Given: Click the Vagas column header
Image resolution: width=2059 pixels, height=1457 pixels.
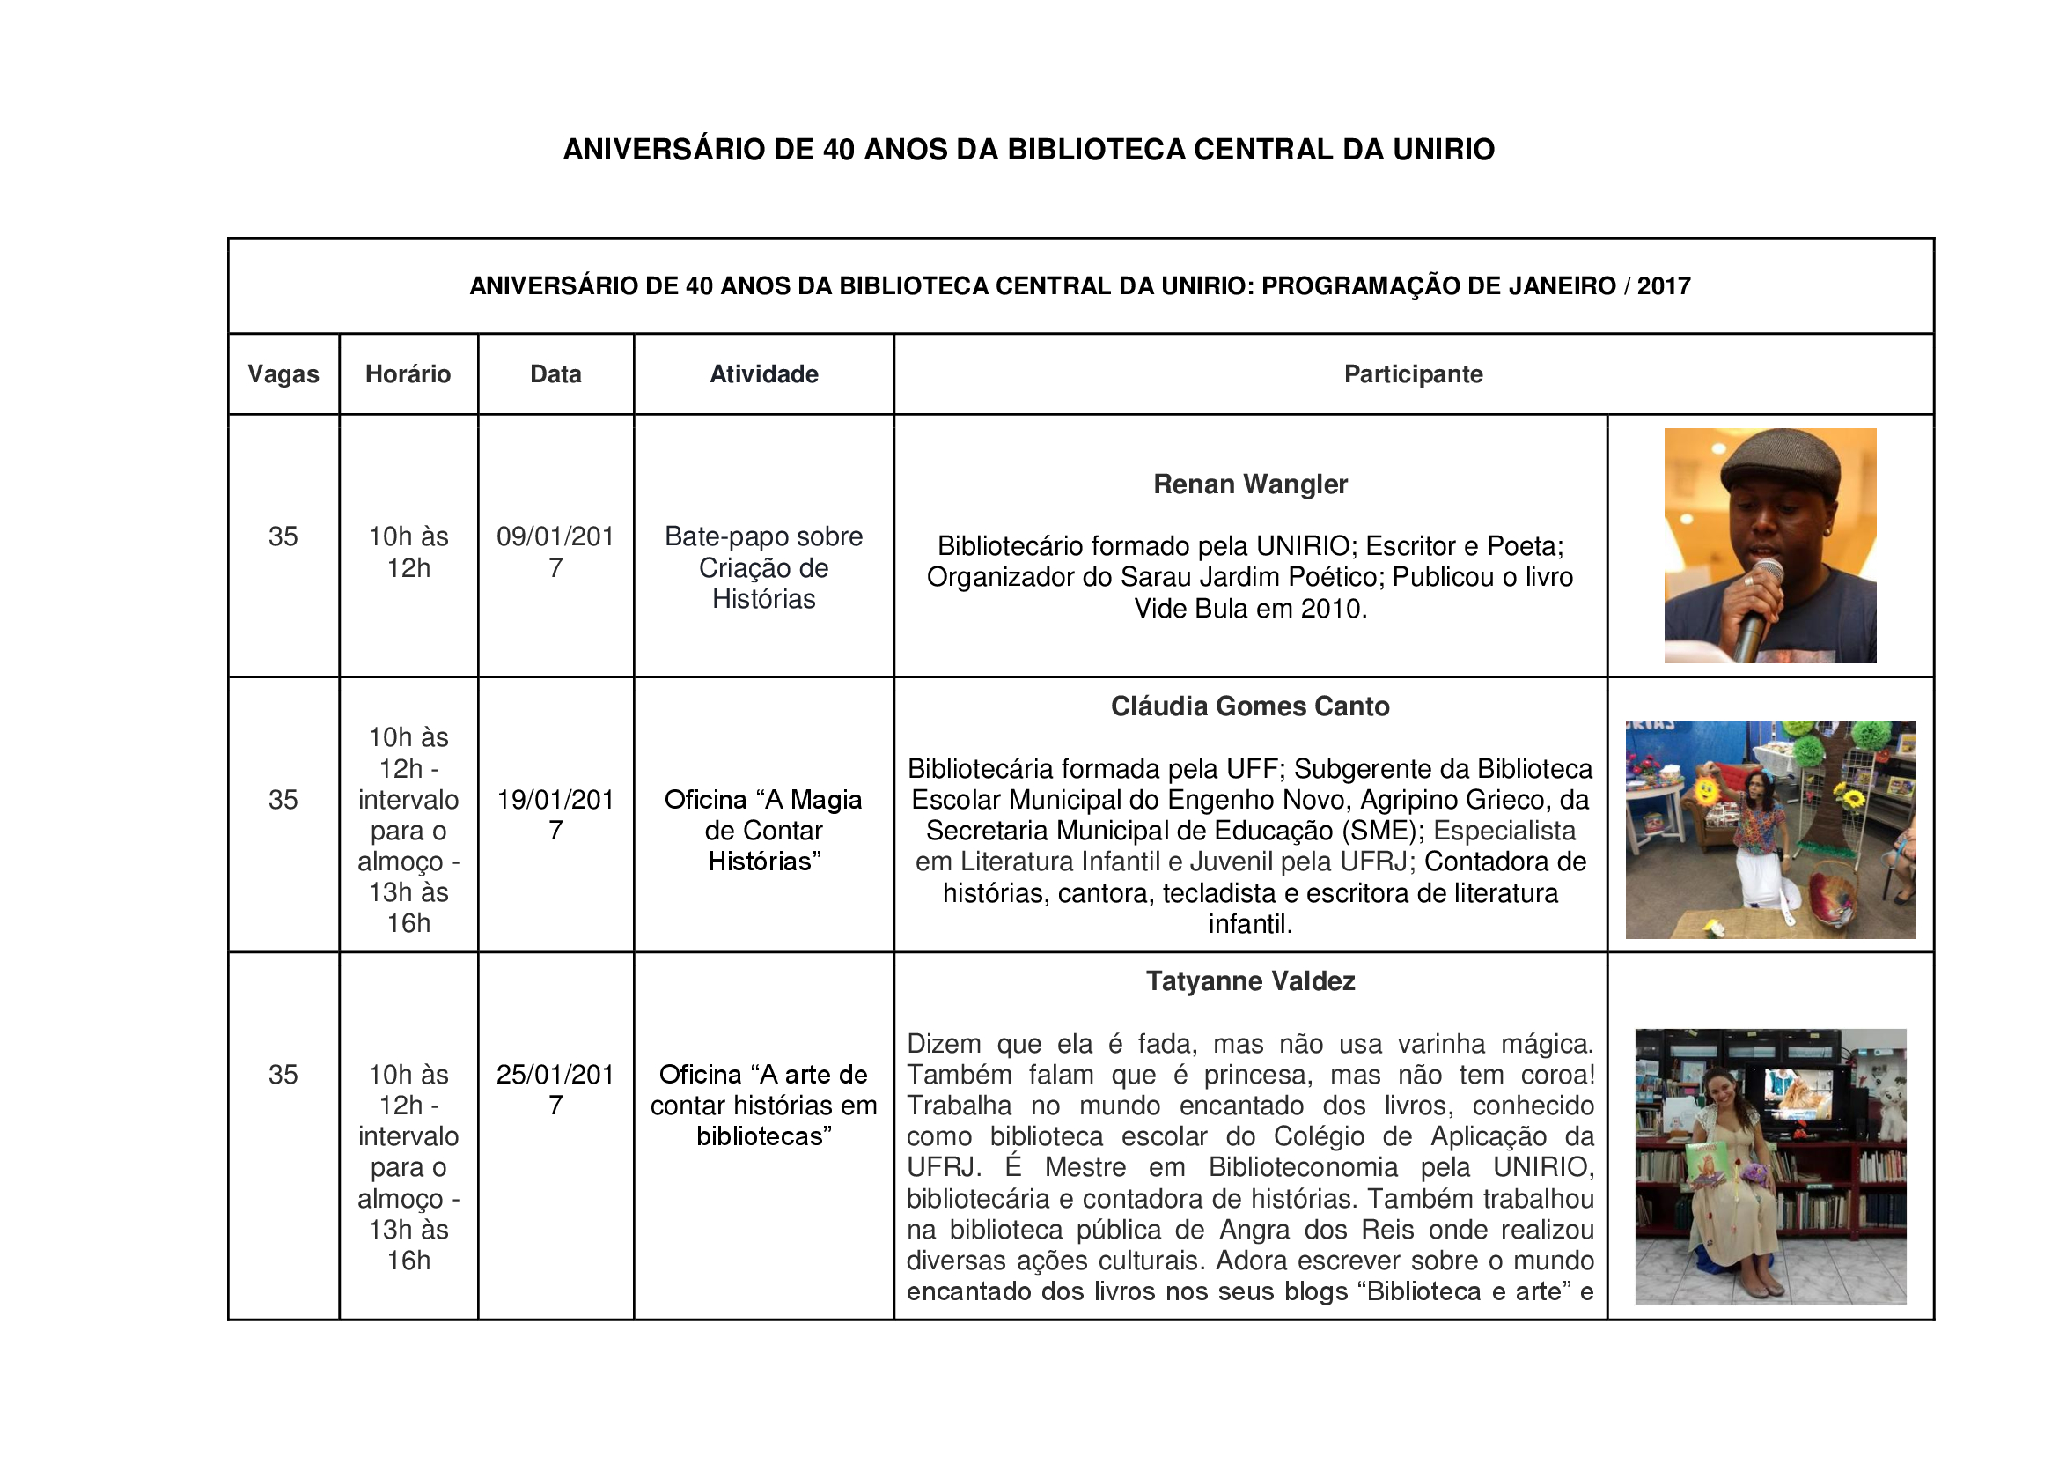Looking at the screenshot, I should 283,374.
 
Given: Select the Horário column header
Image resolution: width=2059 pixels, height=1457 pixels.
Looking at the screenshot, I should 408,374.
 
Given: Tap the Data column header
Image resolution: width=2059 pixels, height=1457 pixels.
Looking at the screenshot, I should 555,374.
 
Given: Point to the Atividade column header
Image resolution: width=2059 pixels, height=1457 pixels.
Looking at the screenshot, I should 763,374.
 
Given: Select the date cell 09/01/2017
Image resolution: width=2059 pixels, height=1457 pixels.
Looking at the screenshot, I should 555,551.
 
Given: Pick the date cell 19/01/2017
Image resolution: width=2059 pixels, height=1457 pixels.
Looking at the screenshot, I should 555,815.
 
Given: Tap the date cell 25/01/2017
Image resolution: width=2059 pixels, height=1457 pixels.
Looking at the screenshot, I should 555,1089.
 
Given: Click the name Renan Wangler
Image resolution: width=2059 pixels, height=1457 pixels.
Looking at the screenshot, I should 1250,484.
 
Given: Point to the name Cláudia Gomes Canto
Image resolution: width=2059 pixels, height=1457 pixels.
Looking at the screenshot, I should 1250,706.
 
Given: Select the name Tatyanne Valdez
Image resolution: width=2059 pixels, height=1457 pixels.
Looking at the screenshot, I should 1250,980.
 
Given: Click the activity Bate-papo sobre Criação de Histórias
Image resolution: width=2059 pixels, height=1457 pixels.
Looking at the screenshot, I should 763,567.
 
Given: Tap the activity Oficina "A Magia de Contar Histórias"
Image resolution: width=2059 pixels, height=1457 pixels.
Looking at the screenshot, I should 763,830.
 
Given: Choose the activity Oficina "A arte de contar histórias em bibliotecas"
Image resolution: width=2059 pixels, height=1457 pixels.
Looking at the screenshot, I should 763,1105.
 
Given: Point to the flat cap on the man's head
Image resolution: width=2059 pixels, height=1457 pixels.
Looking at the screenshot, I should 1780,458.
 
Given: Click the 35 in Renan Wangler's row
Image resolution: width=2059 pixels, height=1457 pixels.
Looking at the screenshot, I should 283,536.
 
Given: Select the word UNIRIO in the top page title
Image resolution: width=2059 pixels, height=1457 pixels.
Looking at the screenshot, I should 1443,149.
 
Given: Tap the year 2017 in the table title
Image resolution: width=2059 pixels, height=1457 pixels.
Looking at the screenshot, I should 1664,286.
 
